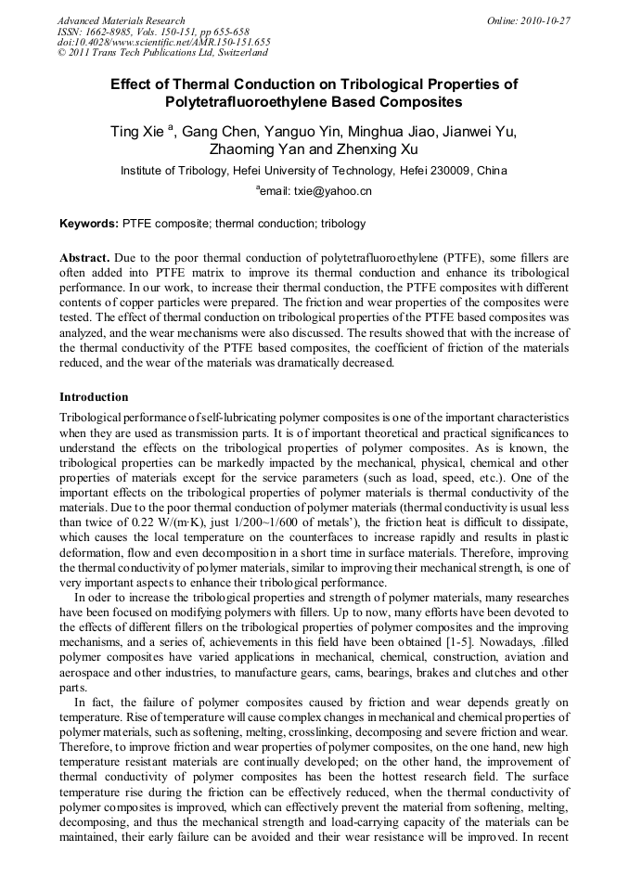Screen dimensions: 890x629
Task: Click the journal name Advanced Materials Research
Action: tap(121, 20)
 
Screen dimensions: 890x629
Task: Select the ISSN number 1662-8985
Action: tap(110, 32)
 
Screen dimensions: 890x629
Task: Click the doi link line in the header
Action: tap(163, 42)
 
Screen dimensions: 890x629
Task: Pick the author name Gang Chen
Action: tap(216, 132)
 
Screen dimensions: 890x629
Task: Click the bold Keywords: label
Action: tap(89, 224)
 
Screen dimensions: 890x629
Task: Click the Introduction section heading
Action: tap(94, 397)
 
